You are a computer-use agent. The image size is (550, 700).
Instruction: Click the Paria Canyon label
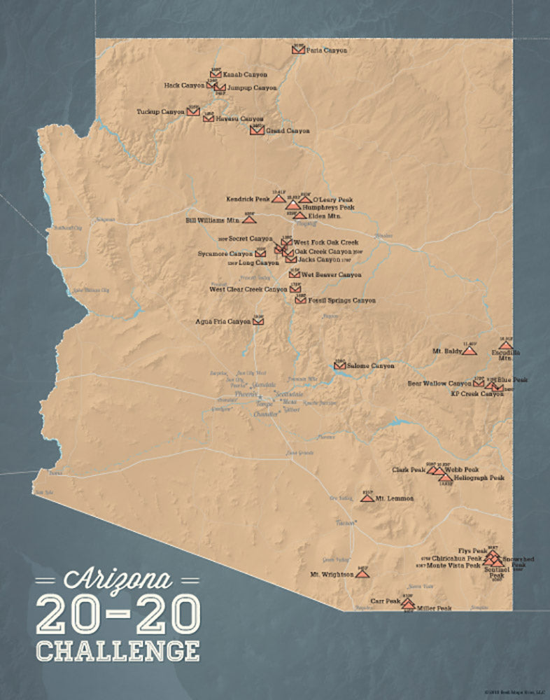point(327,50)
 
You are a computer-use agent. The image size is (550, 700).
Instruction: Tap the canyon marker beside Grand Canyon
point(257,130)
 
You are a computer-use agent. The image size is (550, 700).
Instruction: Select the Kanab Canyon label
point(245,74)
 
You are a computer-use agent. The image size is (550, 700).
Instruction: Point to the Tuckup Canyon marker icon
point(193,111)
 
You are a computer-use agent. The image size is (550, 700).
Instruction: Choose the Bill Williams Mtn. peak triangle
point(248,219)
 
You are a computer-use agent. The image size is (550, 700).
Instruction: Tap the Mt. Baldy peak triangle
point(470,351)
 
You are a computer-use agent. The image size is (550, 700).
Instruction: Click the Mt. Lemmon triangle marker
point(367,498)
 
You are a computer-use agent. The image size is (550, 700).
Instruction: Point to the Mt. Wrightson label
point(332,575)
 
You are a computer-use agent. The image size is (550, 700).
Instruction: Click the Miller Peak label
point(434,608)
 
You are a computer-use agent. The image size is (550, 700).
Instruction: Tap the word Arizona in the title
point(118,580)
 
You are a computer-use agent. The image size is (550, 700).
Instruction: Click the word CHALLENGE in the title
point(118,649)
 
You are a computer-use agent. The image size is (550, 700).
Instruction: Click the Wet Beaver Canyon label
point(332,275)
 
